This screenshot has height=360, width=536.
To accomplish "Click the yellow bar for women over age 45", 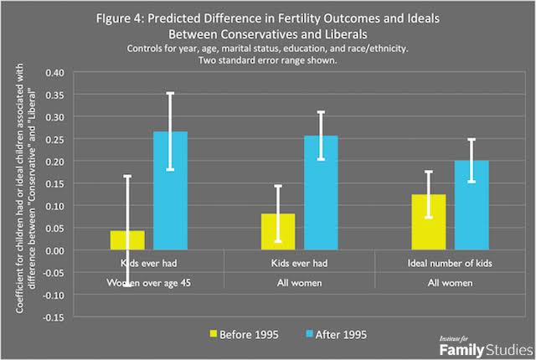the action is [x=127, y=240].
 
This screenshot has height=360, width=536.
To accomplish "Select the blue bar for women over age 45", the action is [x=170, y=191].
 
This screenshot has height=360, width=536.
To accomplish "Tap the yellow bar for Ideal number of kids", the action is [x=429, y=222].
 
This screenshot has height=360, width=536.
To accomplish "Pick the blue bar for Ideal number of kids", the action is [x=472, y=205].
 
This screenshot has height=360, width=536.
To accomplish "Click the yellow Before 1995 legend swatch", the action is [x=214, y=334].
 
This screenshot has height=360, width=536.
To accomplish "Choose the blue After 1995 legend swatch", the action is [x=309, y=334].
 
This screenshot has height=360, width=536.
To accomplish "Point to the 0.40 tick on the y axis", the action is [x=54, y=73].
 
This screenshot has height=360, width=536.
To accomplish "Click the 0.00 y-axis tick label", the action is [x=54, y=250].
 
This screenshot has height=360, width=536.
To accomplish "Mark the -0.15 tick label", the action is [x=54, y=317].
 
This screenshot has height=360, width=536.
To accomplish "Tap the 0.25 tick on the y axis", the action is [x=54, y=139].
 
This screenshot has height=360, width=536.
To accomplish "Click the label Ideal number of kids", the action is [x=450, y=264].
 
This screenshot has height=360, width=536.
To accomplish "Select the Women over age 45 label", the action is [x=149, y=283].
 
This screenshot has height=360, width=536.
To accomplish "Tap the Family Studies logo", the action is [x=486, y=347].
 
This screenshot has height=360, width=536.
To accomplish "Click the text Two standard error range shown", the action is [x=268, y=60].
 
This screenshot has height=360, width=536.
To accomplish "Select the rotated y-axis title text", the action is [x=25, y=188].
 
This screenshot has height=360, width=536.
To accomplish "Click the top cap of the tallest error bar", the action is [x=170, y=93].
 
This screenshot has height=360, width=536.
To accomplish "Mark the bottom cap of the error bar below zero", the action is [x=127, y=285].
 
